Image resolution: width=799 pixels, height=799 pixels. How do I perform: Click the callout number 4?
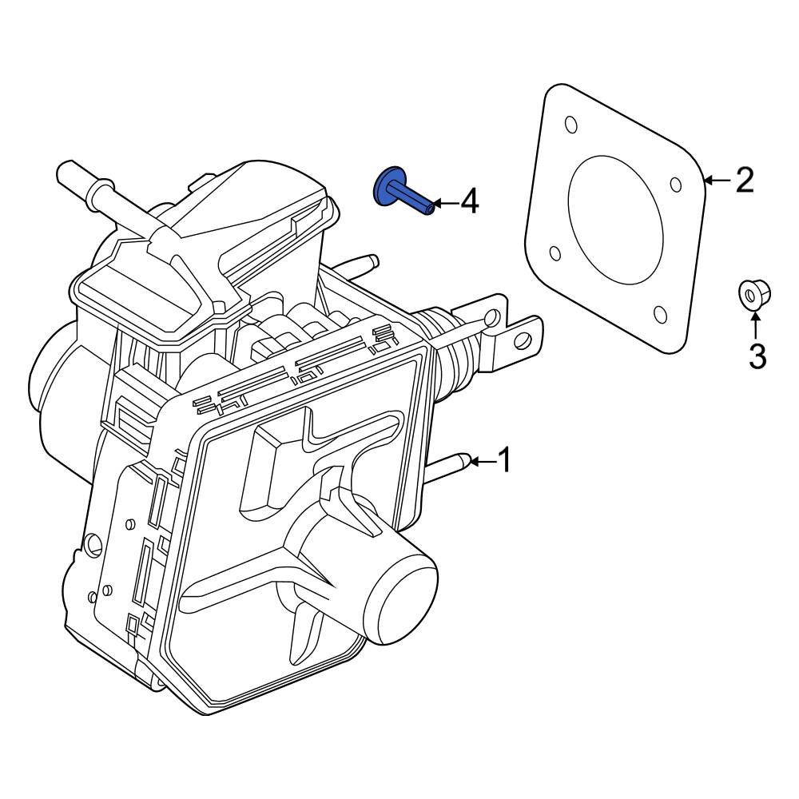click(x=469, y=202)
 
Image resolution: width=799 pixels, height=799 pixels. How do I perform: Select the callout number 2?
click(x=744, y=181)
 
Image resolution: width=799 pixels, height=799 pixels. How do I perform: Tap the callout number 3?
click(x=757, y=356)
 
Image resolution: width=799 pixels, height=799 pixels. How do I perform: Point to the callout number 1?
click(x=503, y=461)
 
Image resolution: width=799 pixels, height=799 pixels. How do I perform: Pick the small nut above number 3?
click(x=751, y=296)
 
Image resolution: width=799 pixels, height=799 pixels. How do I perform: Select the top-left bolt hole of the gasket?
click(x=570, y=126)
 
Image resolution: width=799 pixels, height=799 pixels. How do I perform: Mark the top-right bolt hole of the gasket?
click(x=676, y=185)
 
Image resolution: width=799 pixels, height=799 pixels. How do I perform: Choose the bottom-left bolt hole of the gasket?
click(x=555, y=253)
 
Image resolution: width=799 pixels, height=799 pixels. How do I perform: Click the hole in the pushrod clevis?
click(x=523, y=341)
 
